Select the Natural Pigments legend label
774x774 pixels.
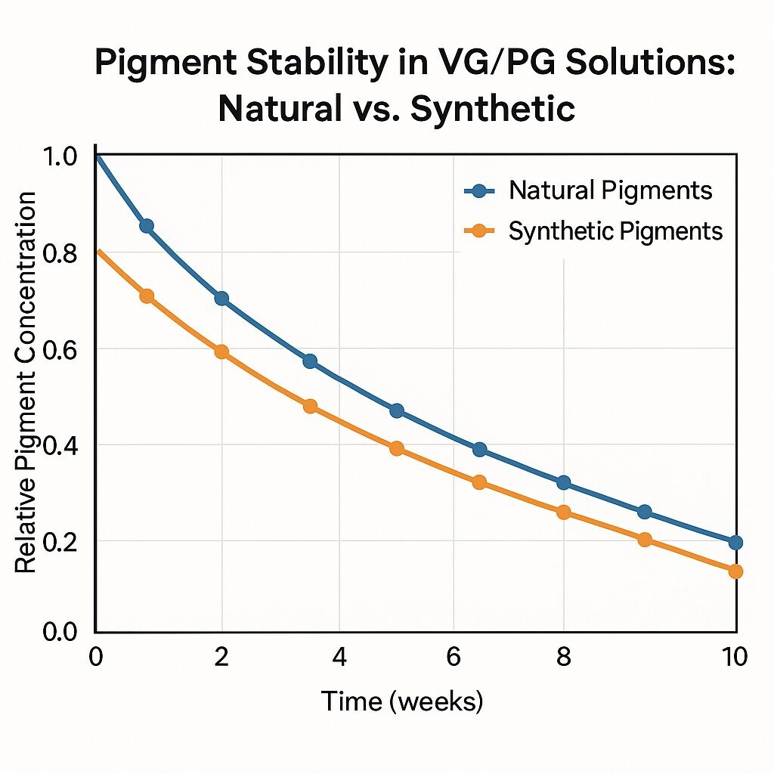pos(610,190)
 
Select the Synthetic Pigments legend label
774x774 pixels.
pos(615,231)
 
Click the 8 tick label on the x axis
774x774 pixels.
pos(563,656)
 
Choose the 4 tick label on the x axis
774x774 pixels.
pos(339,656)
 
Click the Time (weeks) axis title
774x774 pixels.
pos(401,701)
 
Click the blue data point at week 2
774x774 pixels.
pos(221,298)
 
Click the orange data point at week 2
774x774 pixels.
pos(221,351)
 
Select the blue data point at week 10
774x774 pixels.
pos(735,542)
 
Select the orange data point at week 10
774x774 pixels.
pos(735,571)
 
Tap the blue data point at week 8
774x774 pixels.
pos(563,482)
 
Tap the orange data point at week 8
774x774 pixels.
pos(563,512)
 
